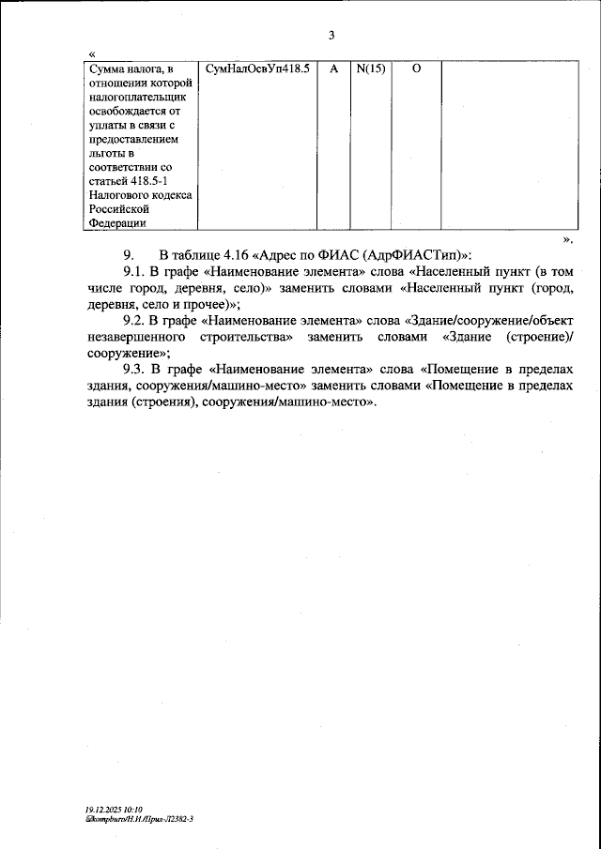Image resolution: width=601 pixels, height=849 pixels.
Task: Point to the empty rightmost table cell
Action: point(506,145)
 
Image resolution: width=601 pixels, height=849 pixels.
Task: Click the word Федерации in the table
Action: point(117,223)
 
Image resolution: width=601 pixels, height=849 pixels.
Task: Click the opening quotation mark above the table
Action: point(91,53)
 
